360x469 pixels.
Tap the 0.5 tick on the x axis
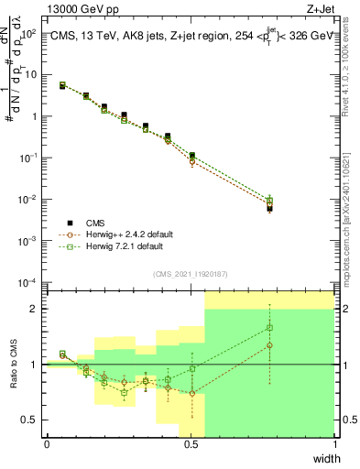191,444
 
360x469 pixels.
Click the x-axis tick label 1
335,444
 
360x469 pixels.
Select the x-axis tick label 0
47,444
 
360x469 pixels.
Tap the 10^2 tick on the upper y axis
29,34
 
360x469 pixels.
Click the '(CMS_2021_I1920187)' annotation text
191,273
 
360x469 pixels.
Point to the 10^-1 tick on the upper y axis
29,158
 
